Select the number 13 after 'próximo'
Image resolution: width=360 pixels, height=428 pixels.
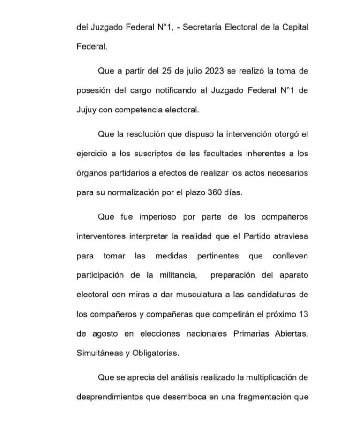click(303, 315)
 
